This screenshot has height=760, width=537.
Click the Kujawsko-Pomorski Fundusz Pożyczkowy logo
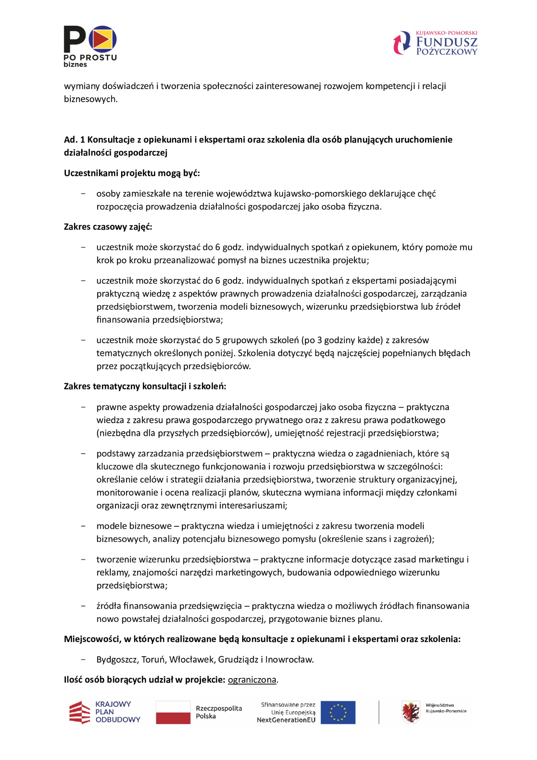click(435, 43)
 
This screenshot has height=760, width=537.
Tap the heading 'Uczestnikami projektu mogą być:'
click(132, 173)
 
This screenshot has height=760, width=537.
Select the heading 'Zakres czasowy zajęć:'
click(108, 227)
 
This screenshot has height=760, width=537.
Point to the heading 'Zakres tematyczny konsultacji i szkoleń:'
click(145, 386)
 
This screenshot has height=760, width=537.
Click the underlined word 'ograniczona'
click(252, 680)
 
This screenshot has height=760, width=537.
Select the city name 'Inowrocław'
click(289, 659)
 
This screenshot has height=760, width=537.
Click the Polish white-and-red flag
click(173, 712)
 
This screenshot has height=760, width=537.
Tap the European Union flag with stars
click(338, 712)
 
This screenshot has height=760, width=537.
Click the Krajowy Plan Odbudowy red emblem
click(80, 712)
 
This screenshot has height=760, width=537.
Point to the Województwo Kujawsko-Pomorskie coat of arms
click(410, 712)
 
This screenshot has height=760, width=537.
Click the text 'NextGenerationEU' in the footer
click(286, 720)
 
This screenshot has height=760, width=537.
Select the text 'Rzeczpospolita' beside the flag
click(219, 709)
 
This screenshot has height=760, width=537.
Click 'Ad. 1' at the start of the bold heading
click(74, 140)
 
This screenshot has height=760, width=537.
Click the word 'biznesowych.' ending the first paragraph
click(91, 99)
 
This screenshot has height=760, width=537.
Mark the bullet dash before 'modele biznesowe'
click(83, 526)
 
